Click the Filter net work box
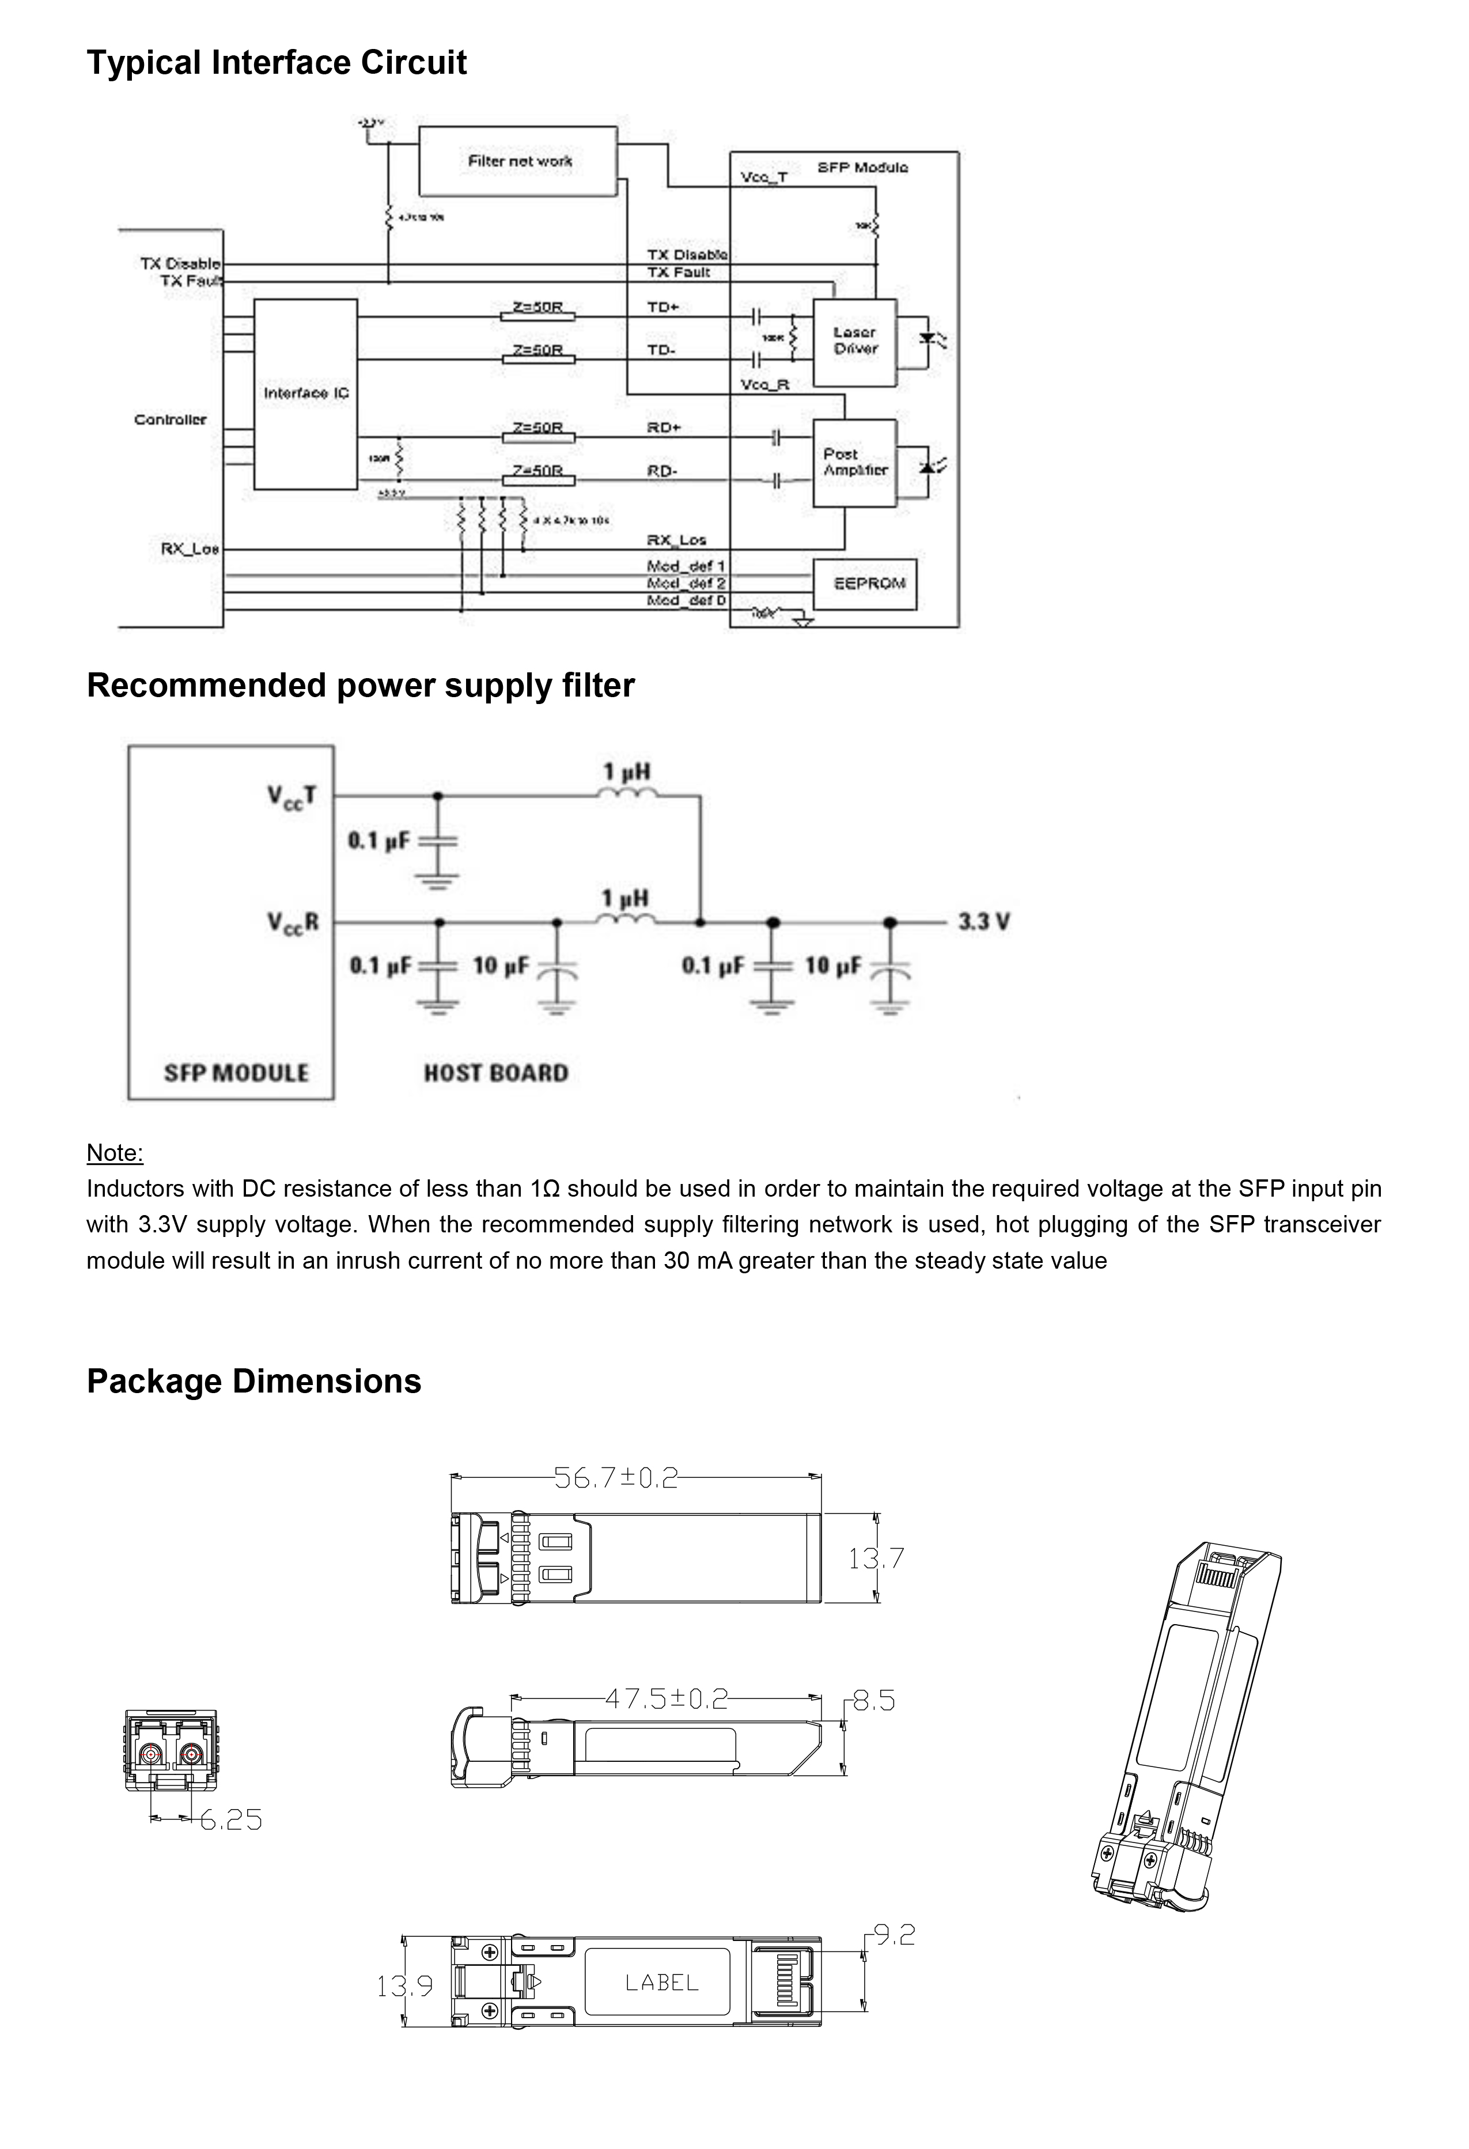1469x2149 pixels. [518, 161]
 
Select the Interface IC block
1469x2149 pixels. [305, 394]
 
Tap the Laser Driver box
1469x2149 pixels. [854, 341]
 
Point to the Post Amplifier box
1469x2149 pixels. [854, 462]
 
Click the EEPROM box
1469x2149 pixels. [869, 584]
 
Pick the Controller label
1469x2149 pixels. [170, 420]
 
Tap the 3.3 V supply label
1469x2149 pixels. [983, 922]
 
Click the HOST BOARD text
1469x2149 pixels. [495, 1073]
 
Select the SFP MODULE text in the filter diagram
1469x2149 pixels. [236, 1073]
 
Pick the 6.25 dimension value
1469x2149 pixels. [231, 1821]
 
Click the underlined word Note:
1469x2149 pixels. [115, 1153]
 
